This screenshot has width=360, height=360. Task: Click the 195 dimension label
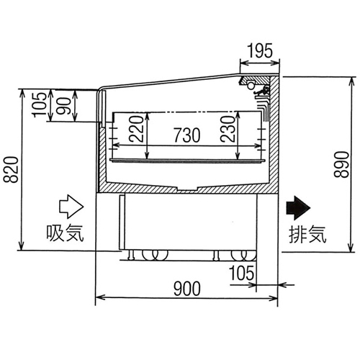coord(260,50)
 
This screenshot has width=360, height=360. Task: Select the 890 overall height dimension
coord(341,164)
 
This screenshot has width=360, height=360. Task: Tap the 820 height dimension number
coord(11,170)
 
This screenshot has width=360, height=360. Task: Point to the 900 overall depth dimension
coord(187,289)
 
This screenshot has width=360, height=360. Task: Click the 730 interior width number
coord(187,135)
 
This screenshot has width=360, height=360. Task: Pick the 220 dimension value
coord(136,129)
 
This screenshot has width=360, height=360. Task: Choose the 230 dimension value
coord(228,129)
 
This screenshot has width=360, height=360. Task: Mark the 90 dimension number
coord(65,106)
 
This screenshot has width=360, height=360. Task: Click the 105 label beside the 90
coord(39,105)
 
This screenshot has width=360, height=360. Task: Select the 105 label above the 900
coord(242,273)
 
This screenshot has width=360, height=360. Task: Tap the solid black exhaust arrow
coord(298,208)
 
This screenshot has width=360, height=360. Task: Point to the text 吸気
coord(65,233)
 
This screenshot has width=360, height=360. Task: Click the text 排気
coord(307,234)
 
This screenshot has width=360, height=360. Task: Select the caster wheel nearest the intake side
coord(156,255)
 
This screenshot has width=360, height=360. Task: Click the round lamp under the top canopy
coord(251,86)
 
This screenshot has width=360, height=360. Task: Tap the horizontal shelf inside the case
coord(187,161)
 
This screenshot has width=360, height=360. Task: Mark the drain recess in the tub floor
coord(187,189)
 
